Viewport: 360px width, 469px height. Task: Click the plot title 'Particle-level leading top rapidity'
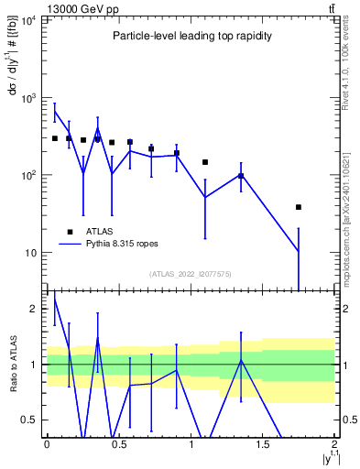point(191,36)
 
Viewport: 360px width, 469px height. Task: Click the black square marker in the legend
point(70,232)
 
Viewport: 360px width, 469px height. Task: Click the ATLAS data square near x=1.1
point(205,162)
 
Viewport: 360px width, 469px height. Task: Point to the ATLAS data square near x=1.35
point(241,176)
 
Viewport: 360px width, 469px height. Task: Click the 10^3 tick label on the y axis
point(29,97)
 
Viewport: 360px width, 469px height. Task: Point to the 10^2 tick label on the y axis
point(29,175)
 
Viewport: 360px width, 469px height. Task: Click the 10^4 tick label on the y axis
point(29,19)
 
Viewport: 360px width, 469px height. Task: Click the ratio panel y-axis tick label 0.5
point(31,420)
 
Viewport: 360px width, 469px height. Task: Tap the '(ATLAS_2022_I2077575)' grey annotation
point(191,273)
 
